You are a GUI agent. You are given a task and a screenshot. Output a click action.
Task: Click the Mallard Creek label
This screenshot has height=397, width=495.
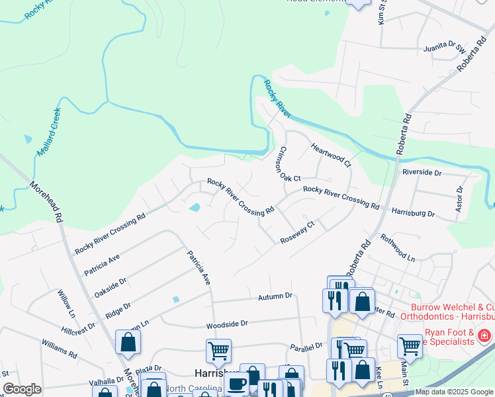coord(48,132)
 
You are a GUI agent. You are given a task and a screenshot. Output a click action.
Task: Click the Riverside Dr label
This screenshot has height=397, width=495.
coord(422,172)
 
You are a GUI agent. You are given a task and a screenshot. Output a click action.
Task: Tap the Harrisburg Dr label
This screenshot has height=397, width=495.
coord(413,214)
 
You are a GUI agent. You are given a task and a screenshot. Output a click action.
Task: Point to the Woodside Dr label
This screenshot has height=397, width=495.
coord(226,324)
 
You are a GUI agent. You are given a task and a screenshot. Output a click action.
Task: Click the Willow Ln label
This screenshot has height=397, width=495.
coord(67,302)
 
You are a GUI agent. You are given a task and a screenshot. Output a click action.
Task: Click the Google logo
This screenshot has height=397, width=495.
coord(22,389)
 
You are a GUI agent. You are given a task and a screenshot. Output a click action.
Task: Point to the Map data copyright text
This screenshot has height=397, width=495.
coord(454,392)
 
